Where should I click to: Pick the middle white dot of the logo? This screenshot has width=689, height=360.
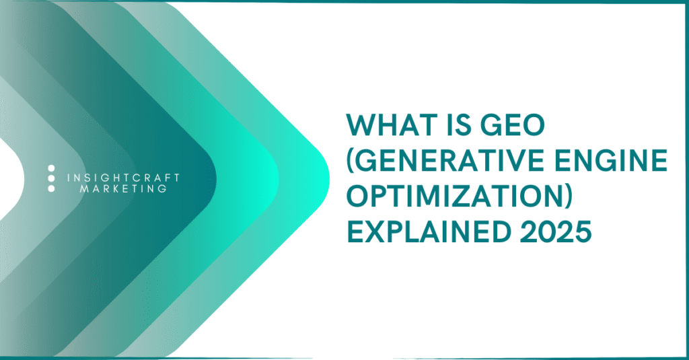pyautogui.click(x=51, y=178)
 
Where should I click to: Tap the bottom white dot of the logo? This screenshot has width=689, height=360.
pyautogui.click(x=51, y=189)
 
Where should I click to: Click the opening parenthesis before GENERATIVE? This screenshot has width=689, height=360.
pyautogui.click(x=350, y=164)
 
